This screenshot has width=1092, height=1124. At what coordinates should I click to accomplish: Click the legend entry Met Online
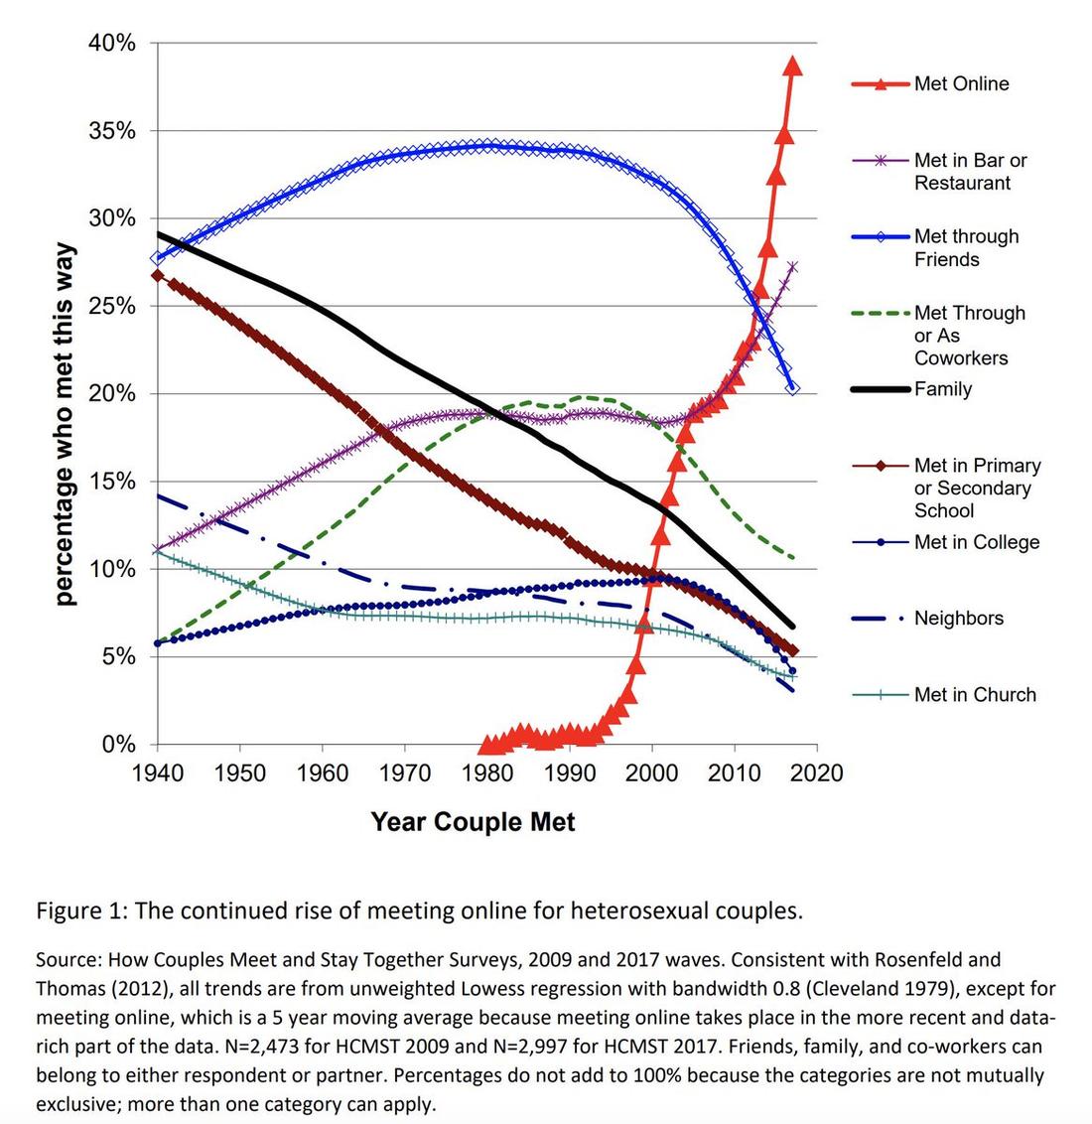click(x=961, y=84)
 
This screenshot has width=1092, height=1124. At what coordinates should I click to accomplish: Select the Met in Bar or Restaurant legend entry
click(x=970, y=172)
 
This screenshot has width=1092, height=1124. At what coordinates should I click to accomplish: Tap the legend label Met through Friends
click(x=966, y=248)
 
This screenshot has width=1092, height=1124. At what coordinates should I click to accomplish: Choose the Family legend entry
click(x=942, y=389)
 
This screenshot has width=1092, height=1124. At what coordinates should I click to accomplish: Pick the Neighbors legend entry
click(x=958, y=619)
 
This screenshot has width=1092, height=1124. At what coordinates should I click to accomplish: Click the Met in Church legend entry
click(x=974, y=695)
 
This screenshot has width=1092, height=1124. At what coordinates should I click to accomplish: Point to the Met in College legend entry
click(x=976, y=542)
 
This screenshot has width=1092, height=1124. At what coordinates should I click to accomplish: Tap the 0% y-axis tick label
click(x=119, y=745)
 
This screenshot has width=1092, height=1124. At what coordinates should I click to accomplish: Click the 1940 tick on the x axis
click(x=157, y=773)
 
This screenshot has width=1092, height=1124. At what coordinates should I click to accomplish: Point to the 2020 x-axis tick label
click(x=817, y=773)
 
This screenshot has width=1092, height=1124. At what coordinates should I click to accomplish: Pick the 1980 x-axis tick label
click(x=486, y=773)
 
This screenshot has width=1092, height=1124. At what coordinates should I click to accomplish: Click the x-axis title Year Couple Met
click(x=473, y=822)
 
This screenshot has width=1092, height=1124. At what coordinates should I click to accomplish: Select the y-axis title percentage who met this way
click(x=65, y=424)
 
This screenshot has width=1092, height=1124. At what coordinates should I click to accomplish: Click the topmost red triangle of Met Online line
click(x=792, y=67)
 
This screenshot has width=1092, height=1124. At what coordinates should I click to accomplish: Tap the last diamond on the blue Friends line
click(x=792, y=388)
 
